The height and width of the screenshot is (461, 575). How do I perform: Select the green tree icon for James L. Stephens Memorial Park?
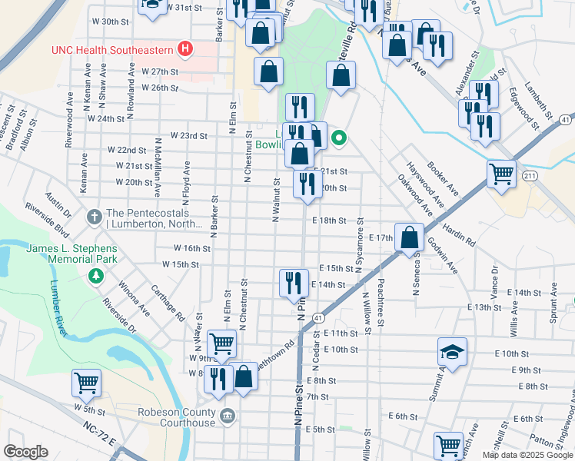click(x=95, y=275)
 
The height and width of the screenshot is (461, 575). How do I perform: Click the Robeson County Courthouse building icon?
click(x=228, y=416)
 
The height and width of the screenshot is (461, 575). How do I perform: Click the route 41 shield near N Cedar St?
click(x=316, y=317)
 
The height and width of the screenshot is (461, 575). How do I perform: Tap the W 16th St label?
click(x=191, y=248)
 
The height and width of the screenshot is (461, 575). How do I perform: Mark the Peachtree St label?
click(x=380, y=300)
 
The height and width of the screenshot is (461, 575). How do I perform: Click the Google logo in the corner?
click(x=25, y=452)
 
